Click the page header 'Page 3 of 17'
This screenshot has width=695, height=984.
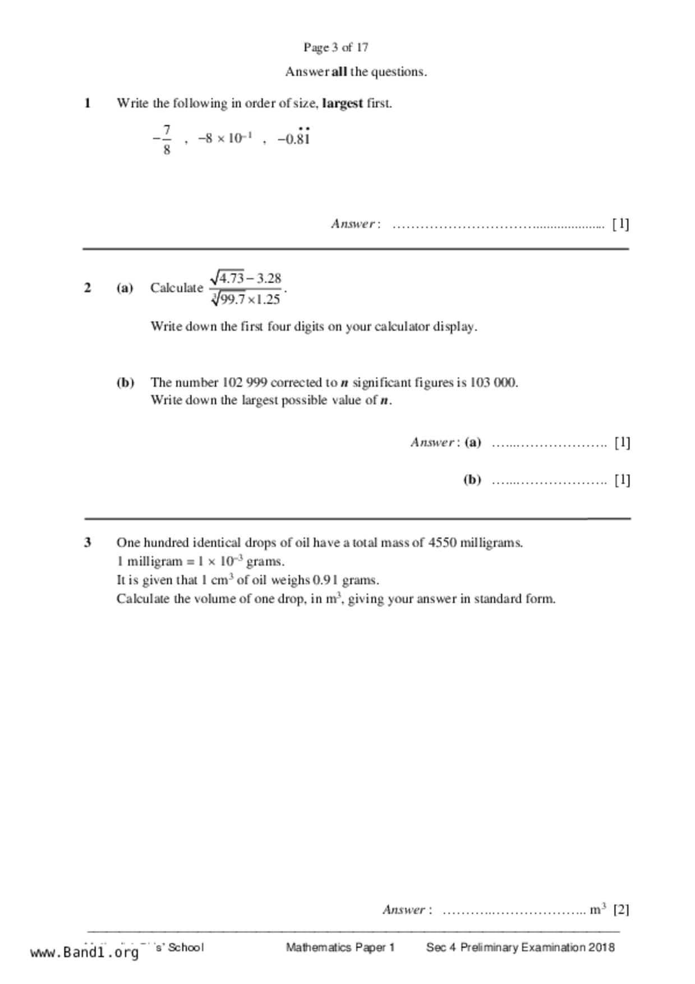(x=335, y=48)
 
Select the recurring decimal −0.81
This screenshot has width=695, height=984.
(x=294, y=138)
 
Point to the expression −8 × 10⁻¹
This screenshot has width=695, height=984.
(x=225, y=138)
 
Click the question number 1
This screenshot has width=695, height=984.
(x=88, y=103)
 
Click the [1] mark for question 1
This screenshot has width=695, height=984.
(x=620, y=224)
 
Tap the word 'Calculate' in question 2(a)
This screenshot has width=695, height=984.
(x=176, y=288)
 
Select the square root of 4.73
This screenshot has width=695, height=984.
(x=227, y=277)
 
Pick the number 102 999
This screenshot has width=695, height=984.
(x=245, y=383)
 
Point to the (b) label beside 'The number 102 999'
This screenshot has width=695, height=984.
(x=125, y=383)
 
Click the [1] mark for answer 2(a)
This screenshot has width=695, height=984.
(x=622, y=443)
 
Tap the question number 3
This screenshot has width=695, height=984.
(x=88, y=542)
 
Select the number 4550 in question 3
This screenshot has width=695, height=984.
(x=442, y=542)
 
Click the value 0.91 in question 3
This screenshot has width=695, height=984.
(x=325, y=580)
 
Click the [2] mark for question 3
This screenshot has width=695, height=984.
(x=621, y=909)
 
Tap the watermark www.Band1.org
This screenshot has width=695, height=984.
(x=85, y=952)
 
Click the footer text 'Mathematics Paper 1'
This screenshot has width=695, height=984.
(x=340, y=948)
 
